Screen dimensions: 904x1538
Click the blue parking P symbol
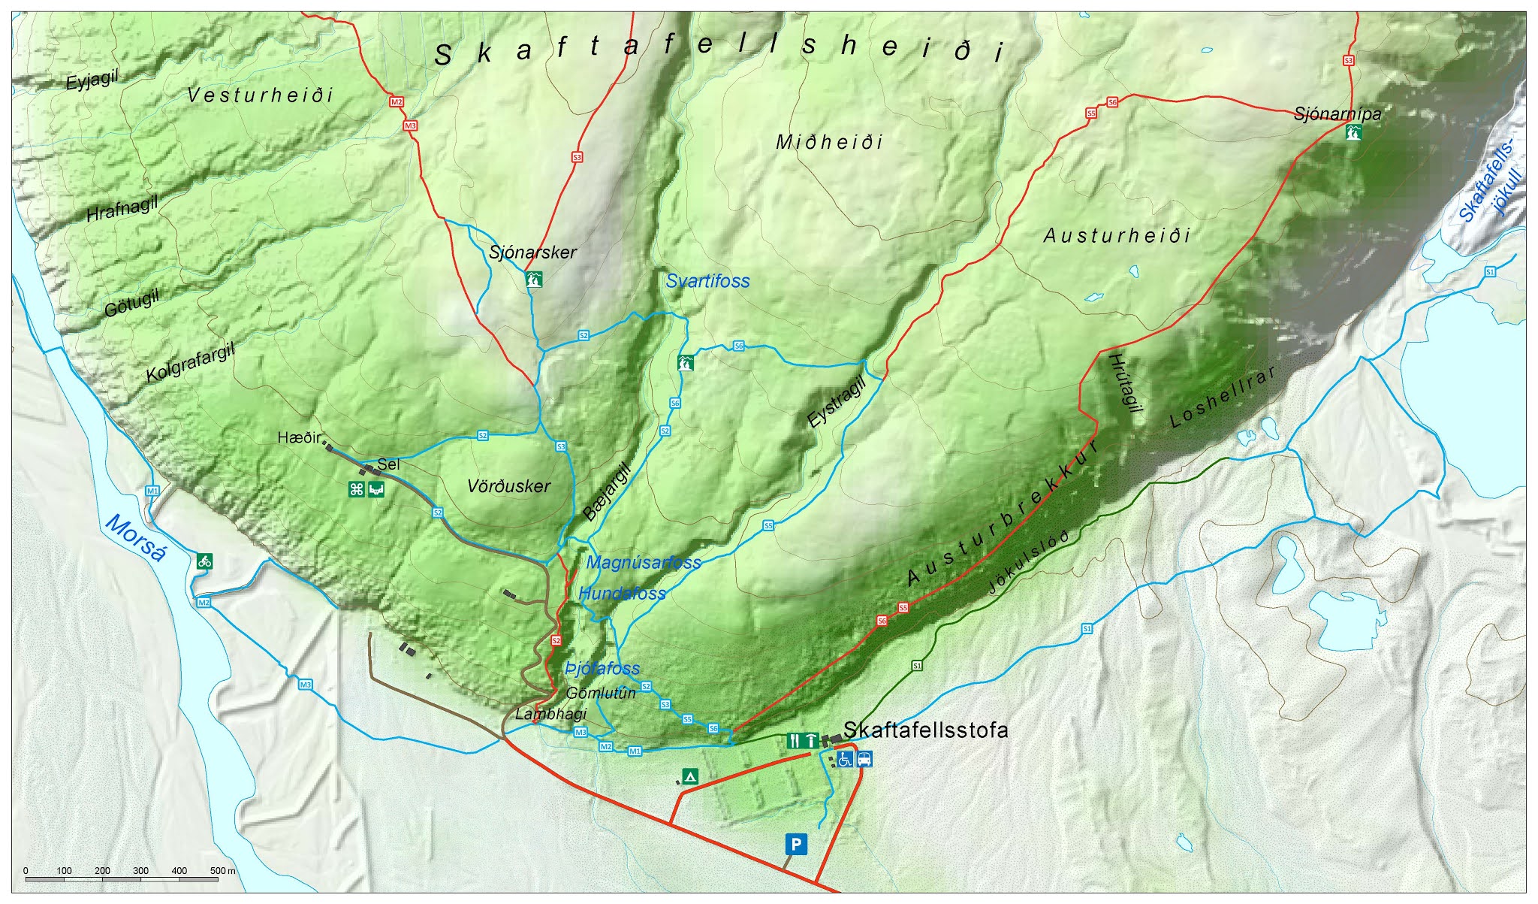pos(796,845)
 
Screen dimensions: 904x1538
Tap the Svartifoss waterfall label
pos(707,281)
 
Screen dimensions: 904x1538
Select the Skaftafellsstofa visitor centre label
pos(925,730)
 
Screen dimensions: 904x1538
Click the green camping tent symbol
pos(689,776)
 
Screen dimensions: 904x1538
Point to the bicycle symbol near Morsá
pos(204,561)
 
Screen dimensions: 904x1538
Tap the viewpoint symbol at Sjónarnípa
pos(1353,133)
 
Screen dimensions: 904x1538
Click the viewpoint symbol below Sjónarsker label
pos(534,280)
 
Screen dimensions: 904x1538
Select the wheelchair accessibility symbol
pos(845,759)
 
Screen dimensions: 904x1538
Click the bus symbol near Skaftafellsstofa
pos(864,759)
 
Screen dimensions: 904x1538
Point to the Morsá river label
pos(136,538)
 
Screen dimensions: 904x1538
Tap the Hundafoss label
pos(622,593)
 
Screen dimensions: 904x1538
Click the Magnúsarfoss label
pos(644,562)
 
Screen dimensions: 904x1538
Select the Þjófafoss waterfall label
pos(602,668)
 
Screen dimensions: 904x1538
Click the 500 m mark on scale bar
pos(219,871)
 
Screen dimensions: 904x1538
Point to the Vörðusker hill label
pos(508,486)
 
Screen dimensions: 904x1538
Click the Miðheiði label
pos(829,142)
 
